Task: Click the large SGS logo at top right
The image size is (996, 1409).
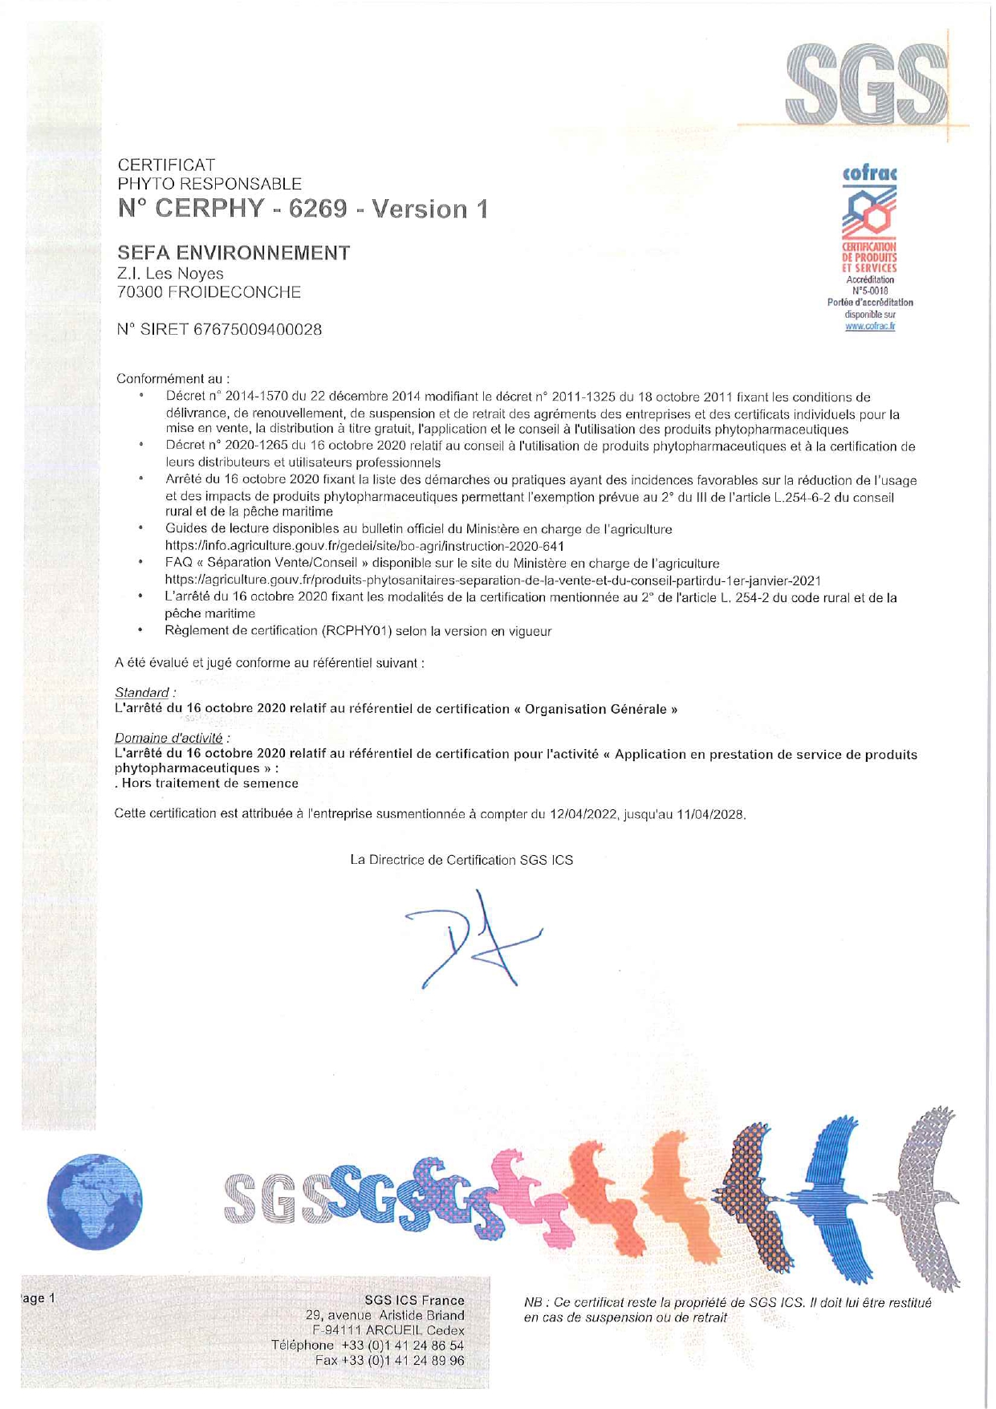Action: point(867,82)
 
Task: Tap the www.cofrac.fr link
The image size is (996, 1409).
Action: point(870,326)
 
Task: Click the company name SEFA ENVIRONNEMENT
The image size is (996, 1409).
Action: point(234,253)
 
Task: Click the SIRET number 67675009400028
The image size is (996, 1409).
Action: point(258,329)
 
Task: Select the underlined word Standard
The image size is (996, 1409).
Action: point(142,692)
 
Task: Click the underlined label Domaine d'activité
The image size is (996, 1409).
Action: point(169,737)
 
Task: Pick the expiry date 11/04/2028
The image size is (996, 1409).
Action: point(710,814)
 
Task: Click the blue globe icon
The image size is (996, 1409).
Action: point(95,1201)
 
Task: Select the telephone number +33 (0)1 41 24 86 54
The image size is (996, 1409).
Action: point(402,1345)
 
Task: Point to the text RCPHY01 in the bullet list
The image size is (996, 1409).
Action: point(358,631)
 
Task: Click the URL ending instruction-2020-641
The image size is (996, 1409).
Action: point(364,546)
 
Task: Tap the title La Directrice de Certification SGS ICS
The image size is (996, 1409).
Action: point(461,860)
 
